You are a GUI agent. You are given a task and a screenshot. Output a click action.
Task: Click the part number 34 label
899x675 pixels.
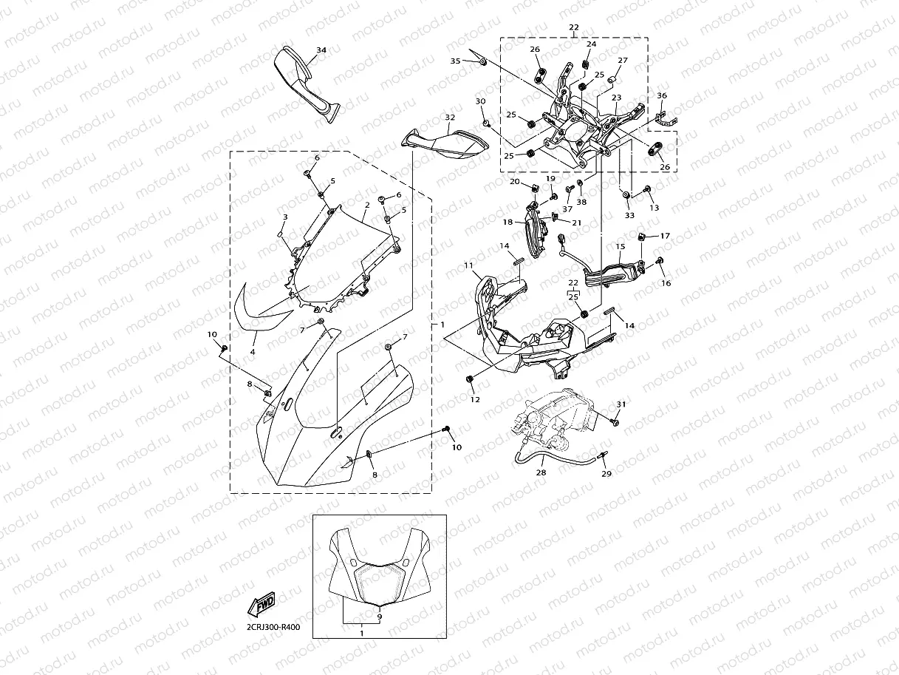coord(321,50)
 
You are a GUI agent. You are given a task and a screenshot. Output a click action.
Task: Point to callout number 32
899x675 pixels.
coord(449,118)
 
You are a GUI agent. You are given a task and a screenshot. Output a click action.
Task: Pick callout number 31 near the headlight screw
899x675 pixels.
coord(621,404)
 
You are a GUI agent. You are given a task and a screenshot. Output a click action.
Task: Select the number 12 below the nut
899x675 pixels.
coord(474,399)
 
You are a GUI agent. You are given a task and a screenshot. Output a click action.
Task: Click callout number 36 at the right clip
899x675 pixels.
coord(662,95)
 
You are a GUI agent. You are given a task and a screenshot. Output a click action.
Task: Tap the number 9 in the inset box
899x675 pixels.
coord(379,615)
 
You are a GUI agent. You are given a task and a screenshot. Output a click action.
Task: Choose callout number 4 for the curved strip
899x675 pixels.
coord(253,353)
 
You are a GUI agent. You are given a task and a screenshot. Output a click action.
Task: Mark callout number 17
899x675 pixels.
coord(665,236)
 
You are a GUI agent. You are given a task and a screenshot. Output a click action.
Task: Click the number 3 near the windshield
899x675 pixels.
coord(284,217)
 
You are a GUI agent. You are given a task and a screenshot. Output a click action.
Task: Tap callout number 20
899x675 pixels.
coord(514,181)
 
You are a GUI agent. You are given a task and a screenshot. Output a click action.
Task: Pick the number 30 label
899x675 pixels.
coord(480,101)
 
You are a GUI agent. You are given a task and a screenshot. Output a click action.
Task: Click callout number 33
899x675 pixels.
coord(629,215)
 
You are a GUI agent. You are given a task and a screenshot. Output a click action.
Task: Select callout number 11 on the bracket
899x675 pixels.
coord(468,265)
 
